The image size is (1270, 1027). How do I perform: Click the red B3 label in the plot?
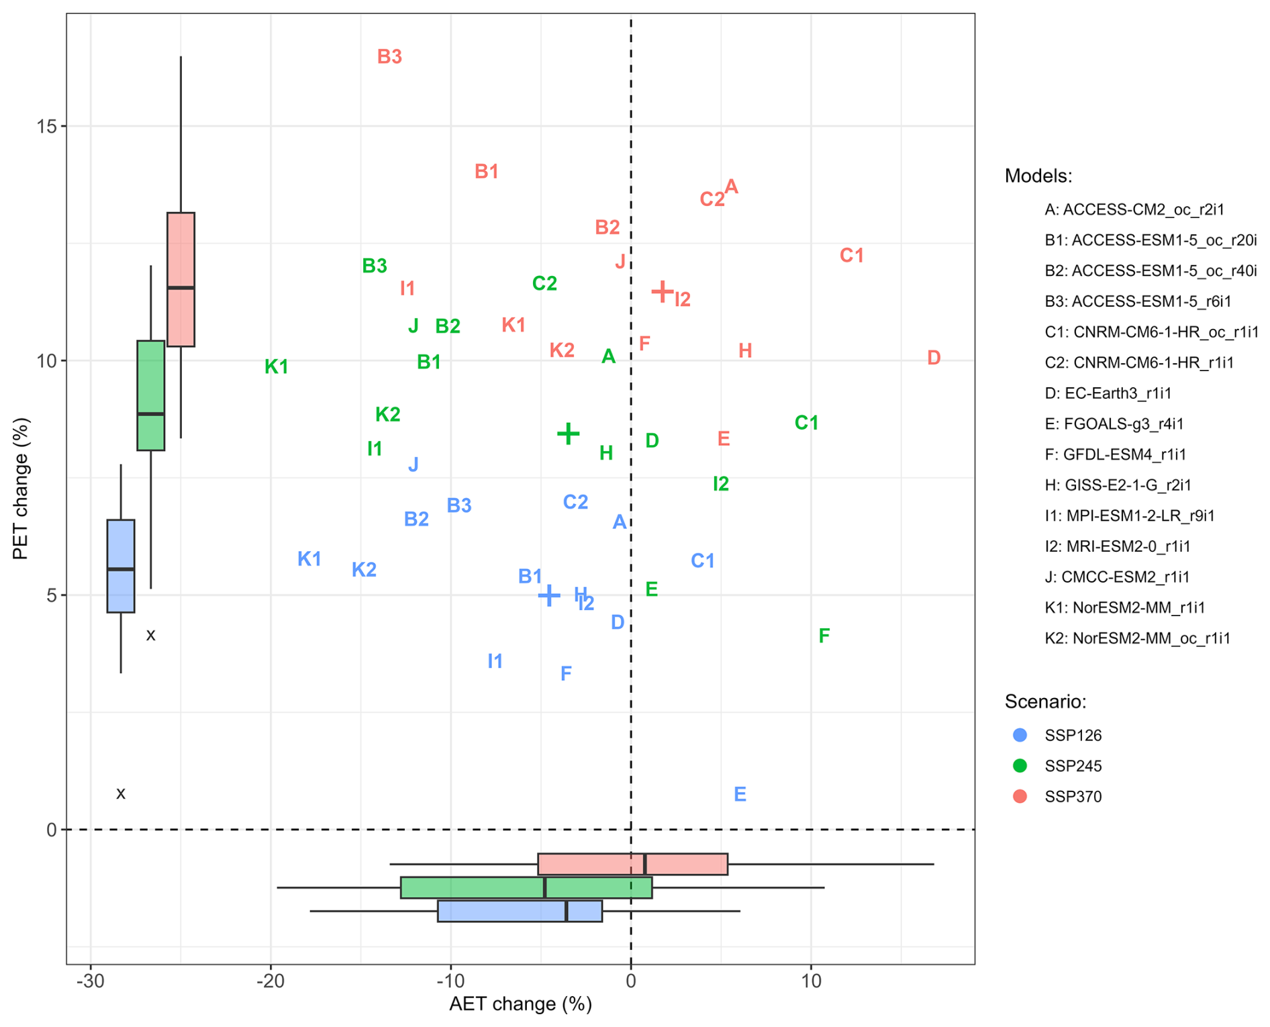click(x=389, y=57)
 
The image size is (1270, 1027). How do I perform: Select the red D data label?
click(x=934, y=358)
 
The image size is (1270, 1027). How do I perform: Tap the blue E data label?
click(x=740, y=795)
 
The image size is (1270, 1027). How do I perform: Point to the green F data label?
click(x=824, y=636)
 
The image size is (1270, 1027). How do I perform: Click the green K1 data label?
click(x=277, y=367)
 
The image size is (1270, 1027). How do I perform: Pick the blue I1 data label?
click(x=495, y=662)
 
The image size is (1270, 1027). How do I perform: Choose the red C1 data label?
click(x=852, y=256)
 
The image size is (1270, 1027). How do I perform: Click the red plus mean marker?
click(x=663, y=291)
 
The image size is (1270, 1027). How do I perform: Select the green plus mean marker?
click(x=568, y=434)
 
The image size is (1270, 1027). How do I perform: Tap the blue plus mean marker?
click(x=549, y=595)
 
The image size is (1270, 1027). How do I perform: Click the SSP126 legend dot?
click(x=1020, y=735)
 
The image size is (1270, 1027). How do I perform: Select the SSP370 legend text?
click(x=1073, y=797)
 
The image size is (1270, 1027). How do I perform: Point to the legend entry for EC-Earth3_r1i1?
click(x=1117, y=393)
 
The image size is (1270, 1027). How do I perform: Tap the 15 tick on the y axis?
click(x=47, y=127)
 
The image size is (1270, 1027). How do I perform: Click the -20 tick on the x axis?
click(x=271, y=981)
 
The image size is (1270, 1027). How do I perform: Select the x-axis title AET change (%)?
click(x=520, y=1004)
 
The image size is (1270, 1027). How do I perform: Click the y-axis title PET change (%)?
click(x=21, y=488)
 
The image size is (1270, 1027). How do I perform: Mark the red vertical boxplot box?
click(x=181, y=279)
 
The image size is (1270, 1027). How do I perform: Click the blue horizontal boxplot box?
click(x=520, y=911)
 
